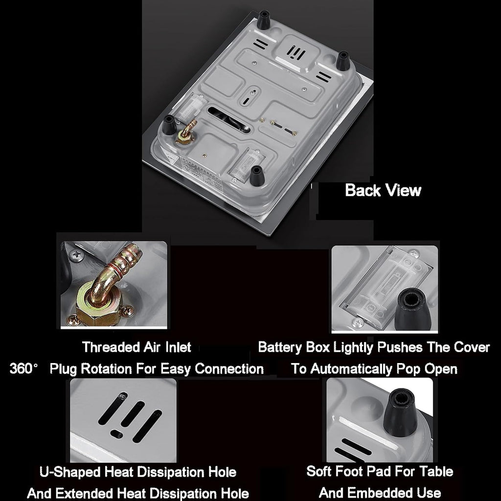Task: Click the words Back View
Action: [383, 190]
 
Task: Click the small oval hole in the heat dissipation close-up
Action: [116, 434]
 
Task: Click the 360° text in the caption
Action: [23, 368]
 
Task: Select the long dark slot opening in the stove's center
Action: [229, 119]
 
